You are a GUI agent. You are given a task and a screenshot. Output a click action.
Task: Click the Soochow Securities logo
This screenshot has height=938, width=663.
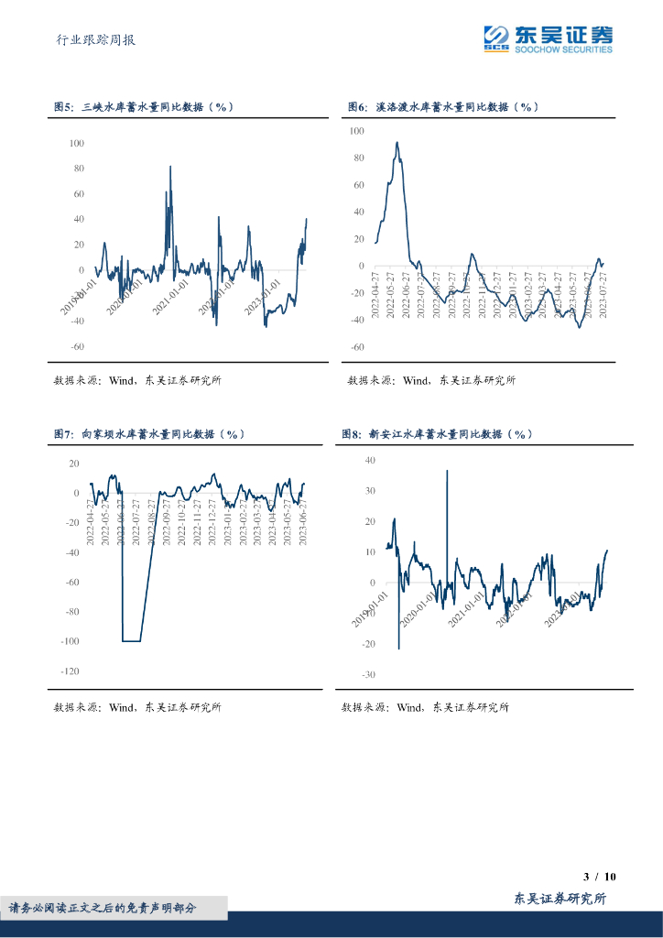coord(549,38)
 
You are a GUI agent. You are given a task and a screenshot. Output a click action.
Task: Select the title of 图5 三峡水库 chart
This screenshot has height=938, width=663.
coord(145,108)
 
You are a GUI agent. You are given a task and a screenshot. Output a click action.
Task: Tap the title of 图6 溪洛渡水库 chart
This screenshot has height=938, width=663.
coord(443,108)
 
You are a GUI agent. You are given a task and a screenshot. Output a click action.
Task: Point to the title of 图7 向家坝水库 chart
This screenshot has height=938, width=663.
coord(150,434)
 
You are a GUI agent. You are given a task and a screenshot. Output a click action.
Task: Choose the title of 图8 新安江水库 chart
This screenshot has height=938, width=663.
coord(437,434)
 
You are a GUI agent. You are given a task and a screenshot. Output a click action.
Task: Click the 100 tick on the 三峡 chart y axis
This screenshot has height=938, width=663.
coord(77,144)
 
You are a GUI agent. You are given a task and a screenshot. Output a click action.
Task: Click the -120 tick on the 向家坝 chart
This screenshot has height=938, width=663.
coord(70,671)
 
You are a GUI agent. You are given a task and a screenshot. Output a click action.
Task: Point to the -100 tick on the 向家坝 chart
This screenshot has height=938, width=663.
coord(70,641)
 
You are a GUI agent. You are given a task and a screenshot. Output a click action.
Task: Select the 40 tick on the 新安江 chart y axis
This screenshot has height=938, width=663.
coord(370,461)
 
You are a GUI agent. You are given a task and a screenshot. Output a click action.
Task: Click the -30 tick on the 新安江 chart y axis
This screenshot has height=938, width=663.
coord(368,675)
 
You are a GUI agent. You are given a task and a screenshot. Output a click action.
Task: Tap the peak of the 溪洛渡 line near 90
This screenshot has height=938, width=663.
coord(397,143)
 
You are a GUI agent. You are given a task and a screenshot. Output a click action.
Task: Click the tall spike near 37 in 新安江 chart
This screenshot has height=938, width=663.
coord(447,473)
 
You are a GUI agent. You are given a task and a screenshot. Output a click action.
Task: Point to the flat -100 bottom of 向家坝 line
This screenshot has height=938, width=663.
coord(132,640)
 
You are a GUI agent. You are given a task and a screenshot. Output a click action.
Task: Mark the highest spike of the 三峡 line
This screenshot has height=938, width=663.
coord(170,167)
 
